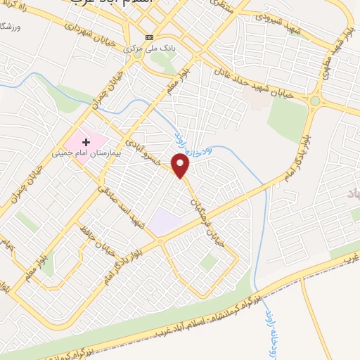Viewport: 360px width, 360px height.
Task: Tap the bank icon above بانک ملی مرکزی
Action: point(148,37)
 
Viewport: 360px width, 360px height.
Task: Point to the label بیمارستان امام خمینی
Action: point(82,151)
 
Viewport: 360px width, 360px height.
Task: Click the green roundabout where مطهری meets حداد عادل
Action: point(314,101)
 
